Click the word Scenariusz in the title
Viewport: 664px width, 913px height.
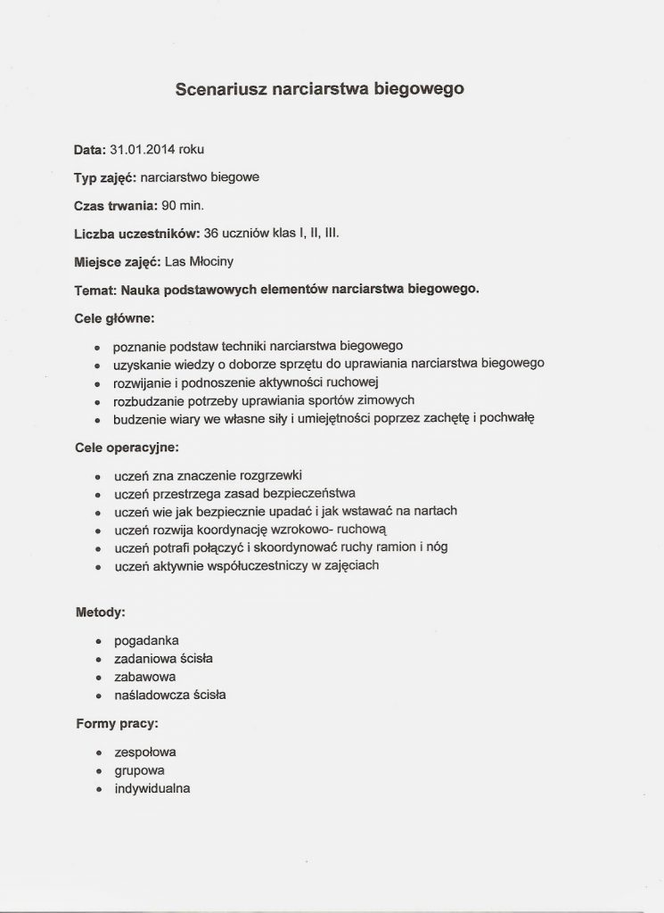[x=221, y=89]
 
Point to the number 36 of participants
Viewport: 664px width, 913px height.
[x=211, y=234]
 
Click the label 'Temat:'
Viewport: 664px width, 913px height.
[x=95, y=289]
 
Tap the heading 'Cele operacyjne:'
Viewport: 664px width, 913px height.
[x=127, y=447]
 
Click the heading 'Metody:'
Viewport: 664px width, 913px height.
[x=99, y=613]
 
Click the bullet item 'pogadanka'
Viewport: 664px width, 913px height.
[x=147, y=641]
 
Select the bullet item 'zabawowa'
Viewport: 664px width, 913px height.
[x=145, y=677]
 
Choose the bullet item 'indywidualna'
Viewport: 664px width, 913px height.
[x=152, y=788]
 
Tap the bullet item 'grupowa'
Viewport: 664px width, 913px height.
[x=140, y=770]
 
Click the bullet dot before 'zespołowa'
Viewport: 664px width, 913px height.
[x=97, y=753]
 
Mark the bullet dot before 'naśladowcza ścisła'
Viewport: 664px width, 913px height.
[x=97, y=695]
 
